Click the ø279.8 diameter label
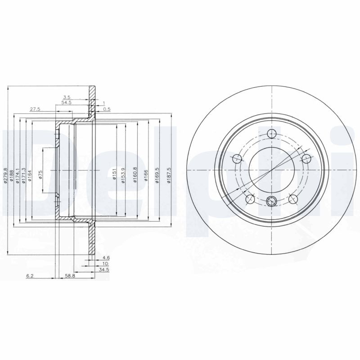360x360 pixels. (x=5, y=175)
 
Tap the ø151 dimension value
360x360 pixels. (x=114, y=175)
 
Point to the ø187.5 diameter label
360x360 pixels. (x=169, y=175)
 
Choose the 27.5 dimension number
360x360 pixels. (x=35, y=109)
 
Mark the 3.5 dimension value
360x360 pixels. (x=67, y=97)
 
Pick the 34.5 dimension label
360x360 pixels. (x=104, y=270)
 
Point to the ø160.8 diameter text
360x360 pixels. (x=135, y=175)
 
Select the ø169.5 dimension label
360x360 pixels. (x=157, y=175)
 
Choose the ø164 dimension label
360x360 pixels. (x=30, y=175)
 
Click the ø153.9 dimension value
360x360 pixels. (x=123, y=175)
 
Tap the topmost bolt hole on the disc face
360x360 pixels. (x=272, y=133)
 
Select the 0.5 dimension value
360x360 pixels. (x=107, y=109)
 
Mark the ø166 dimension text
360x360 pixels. (x=146, y=175)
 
